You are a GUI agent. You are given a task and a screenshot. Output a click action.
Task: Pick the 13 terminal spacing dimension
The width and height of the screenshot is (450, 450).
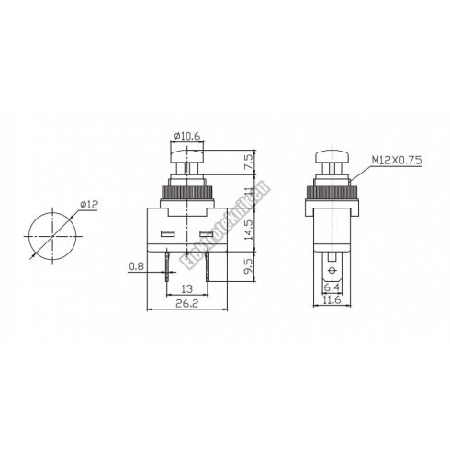click(186, 288)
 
